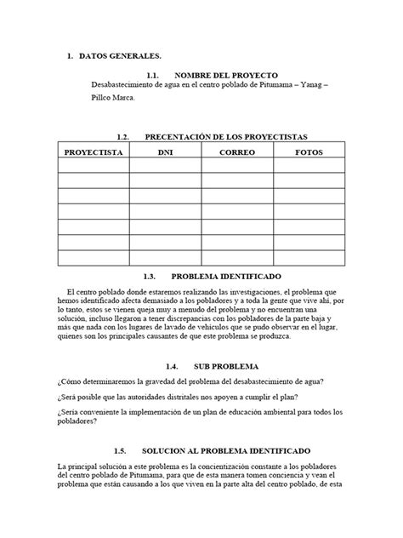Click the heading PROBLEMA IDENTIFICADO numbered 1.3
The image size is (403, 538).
click(231, 276)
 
